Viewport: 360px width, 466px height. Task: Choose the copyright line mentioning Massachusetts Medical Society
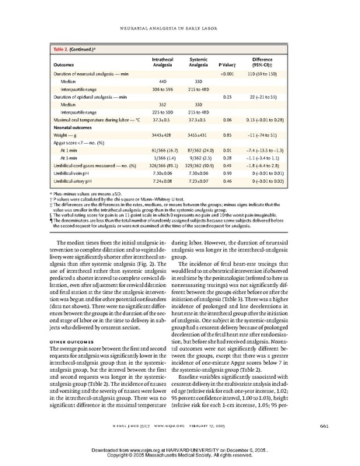180,457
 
